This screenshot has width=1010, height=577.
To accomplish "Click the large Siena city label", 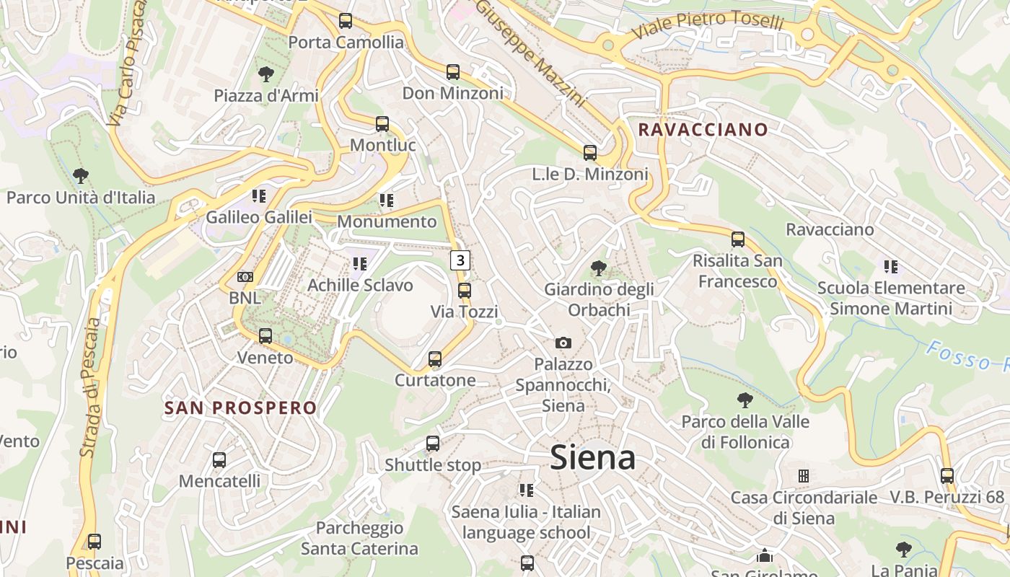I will (592, 458).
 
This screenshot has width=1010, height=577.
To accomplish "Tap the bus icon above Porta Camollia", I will (346, 21).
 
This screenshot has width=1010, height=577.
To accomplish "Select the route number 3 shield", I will (461, 260).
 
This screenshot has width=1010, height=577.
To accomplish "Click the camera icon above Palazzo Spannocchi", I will (563, 343).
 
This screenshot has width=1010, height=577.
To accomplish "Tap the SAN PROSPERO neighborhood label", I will (240, 408).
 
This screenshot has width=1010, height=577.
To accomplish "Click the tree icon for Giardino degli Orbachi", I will (598, 269).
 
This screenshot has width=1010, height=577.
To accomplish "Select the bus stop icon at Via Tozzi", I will (465, 291).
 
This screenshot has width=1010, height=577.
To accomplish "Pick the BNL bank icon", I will (245, 277).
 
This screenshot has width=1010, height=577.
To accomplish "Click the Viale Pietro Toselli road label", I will (707, 26).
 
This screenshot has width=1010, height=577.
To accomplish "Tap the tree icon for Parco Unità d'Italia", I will (81, 175).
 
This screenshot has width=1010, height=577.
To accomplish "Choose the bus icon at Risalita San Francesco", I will (737, 239).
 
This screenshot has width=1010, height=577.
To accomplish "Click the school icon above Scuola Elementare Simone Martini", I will (891, 267).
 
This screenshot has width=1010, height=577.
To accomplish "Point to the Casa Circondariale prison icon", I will (803, 476).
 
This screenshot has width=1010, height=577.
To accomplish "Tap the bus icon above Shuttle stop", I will (433, 444).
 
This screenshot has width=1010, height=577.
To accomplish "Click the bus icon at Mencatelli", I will (219, 459).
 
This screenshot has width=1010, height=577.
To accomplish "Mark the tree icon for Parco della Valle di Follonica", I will (745, 400).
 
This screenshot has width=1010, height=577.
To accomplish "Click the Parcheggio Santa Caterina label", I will (359, 538).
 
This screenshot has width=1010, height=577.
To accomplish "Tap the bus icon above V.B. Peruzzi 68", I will (947, 476).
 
